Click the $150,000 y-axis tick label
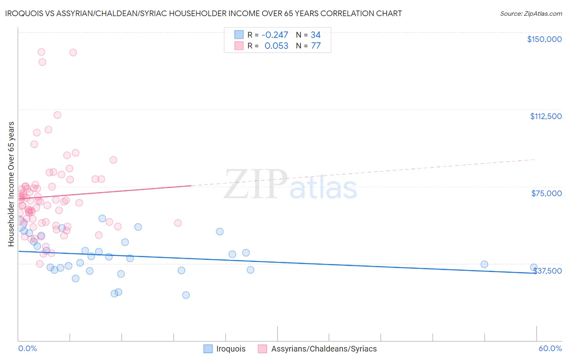(x=544, y=39)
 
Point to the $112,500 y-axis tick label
(x=546, y=116)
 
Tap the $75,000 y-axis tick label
(x=546, y=193)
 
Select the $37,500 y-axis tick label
(x=547, y=271)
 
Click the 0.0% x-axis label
(x=27, y=348)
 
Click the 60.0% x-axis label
(x=550, y=348)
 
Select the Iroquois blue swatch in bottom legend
(x=208, y=349)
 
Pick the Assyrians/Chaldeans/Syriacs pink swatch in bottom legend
(x=263, y=349)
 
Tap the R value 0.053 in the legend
(x=276, y=46)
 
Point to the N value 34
(x=315, y=35)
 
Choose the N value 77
(x=315, y=46)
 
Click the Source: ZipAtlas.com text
(x=531, y=14)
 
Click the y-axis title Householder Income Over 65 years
(x=11, y=184)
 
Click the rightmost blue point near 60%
(x=534, y=268)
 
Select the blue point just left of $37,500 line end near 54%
(x=484, y=264)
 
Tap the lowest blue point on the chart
(x=186, y=295)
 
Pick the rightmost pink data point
(x=178, y=223)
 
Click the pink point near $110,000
(x=57, y=115)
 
